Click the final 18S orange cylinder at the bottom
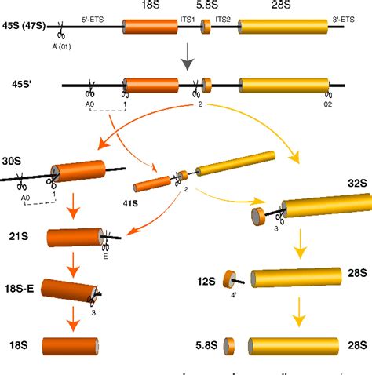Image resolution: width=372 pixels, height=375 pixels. (x=71, y=346)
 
